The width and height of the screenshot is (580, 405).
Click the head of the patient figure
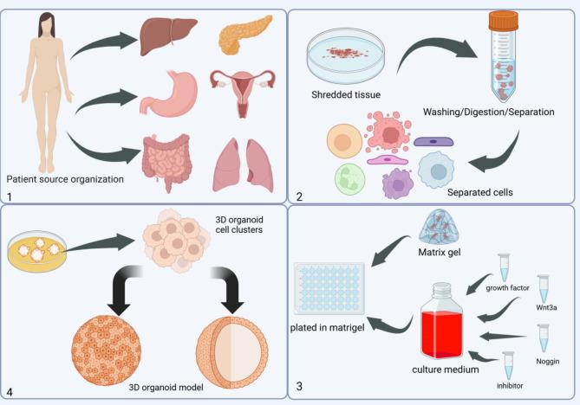(40, 23)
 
